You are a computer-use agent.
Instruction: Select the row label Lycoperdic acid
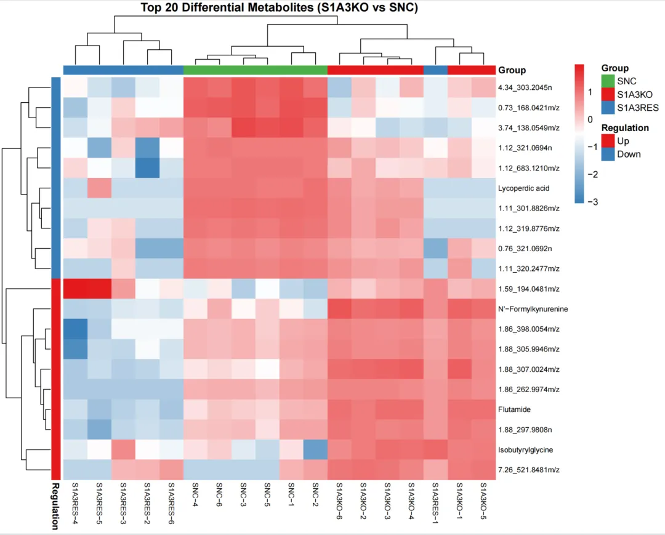(x=523, y=188)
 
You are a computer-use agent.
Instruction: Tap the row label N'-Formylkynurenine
(x=533, y=309)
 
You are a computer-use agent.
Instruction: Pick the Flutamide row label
(x=514, y=409)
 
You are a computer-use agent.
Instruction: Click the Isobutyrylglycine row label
(x=525, y=450)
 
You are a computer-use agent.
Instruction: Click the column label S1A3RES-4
(x=75, y=502)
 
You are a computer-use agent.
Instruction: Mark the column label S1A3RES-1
(x=435, y=502)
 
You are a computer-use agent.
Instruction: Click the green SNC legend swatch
(x=608, y=81)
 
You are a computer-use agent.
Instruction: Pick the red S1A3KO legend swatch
(x=608, y=94)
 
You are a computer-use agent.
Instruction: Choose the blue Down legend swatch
(x=608, y=154)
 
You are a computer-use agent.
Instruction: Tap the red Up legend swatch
(x=608, y=141)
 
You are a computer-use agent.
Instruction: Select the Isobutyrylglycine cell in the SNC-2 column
(x=315, y=450)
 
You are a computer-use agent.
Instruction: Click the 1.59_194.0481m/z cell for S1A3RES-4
(x=75, y=289)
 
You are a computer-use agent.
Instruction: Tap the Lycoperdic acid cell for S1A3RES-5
(x=99, y=188)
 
